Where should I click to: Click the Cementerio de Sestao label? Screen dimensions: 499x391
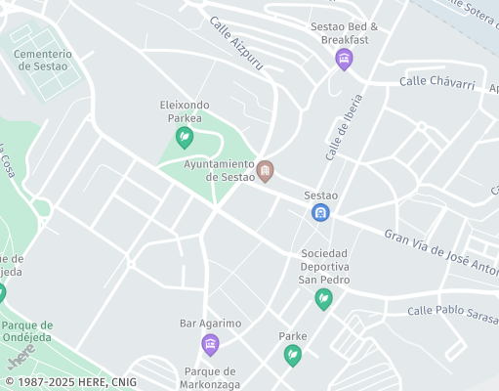coord(42,60)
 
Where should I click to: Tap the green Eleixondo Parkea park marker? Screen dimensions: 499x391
coord(184,138)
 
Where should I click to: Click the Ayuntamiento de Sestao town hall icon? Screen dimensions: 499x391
coord(265,172)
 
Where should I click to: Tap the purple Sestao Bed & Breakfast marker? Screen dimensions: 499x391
coord(344,60)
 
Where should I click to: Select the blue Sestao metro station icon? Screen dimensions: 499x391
coord(320,212)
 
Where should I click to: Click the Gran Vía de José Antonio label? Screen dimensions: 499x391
coord(439,250)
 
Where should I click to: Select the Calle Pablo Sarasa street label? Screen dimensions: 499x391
coord(451,312)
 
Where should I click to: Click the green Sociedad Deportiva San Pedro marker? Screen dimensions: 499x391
coord(323,299)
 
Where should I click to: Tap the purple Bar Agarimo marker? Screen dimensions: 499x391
coord(209,344)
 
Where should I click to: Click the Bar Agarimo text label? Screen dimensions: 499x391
coord(210,323)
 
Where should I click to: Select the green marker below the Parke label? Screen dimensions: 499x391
coord(292,356)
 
